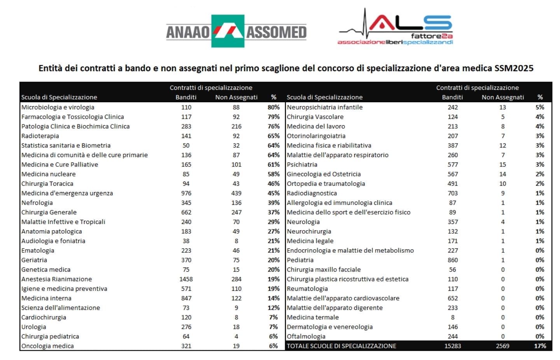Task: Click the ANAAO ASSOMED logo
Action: click(x=236, y=31)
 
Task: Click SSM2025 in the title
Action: click(x=514, y=68)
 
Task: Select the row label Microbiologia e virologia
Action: click(x=58, y=107)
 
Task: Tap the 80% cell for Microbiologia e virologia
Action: click(x=273, y=107)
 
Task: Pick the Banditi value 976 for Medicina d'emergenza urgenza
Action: click(x=186, y=193)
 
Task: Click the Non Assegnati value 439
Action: click(x=236, y=193)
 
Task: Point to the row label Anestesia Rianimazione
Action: click(x=56, y=279)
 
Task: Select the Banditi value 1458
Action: click(x=186, y=279)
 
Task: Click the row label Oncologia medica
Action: click(x=47, y=346)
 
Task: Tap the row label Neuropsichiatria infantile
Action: click(x=324, y=107)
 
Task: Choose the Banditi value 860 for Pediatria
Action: click(x=453, y=260)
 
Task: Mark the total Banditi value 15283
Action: click(x=453, y=346)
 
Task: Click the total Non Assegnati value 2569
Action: click(x=502, y=346)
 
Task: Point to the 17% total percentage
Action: click(x=540, y=346)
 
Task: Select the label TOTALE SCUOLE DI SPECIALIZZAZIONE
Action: click(x=341, y=346)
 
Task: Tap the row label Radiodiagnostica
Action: click(x=311, y=193)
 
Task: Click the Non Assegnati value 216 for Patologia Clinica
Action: click(x=236, y=126)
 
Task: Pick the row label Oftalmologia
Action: click(x=306, y=336)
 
